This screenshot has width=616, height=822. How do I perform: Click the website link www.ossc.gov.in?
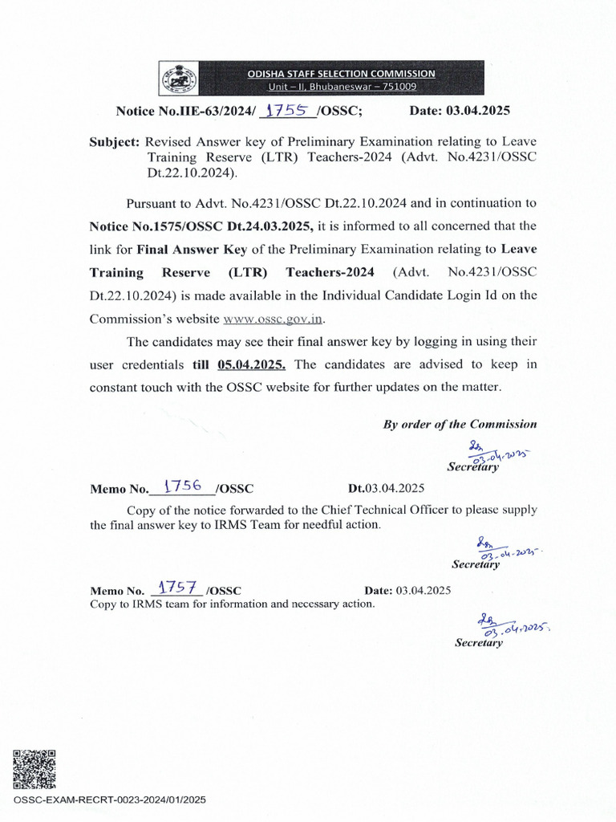(273, 319)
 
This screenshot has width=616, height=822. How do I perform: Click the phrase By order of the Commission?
(460, 424)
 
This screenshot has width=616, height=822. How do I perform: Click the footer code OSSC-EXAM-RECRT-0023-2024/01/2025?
(110, 800)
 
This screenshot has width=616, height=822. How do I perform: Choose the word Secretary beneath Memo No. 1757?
(479, 642)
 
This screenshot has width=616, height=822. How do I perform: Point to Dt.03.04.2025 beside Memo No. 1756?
(386, 488)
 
